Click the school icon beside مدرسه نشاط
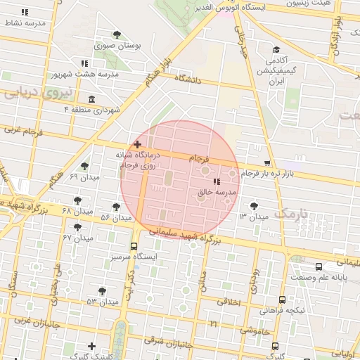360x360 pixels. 25,13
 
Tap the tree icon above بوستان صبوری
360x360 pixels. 117,34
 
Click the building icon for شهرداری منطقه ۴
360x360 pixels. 92,98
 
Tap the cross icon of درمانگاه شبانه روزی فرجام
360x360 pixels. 137,143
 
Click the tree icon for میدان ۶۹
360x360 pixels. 85,166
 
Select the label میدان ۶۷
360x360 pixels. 77,238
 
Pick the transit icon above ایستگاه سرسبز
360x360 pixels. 134,246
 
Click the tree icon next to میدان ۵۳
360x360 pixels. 103,290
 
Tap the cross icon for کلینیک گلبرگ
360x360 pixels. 92,346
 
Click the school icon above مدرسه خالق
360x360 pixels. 215,182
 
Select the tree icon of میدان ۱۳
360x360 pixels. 254,206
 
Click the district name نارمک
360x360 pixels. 290,212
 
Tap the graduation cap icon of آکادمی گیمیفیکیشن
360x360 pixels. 277,49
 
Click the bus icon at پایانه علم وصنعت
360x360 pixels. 319,266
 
